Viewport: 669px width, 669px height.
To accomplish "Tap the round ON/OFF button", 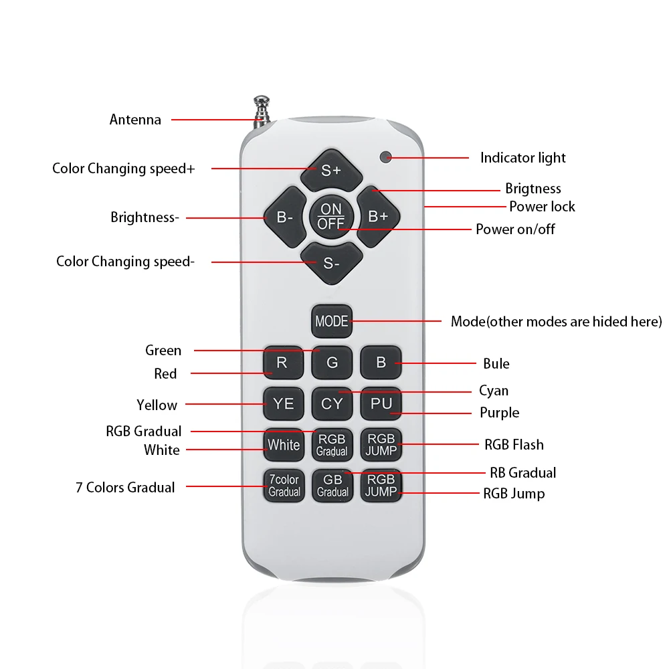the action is click(331, 216).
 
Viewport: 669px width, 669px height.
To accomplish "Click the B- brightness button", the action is click(284, 217).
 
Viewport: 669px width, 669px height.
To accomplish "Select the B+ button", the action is click(378, 216).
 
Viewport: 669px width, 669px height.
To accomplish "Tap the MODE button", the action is click(331, 321).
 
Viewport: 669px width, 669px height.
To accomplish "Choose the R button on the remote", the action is click(282, 363).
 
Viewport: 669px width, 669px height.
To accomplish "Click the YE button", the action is click(283, 403).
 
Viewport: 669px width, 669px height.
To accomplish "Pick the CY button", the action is click(332, 403).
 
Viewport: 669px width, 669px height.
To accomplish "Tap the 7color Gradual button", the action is click(284, 486).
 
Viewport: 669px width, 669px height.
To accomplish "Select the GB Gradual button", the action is click(332, 486).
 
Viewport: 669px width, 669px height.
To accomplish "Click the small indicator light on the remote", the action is click(385, 157).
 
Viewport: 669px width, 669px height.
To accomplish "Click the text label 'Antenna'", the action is click(135, 120).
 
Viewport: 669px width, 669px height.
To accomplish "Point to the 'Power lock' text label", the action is click(542, 206).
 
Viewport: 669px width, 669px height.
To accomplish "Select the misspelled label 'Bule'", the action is click(496, 363).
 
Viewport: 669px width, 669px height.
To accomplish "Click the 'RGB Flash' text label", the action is click(514, 444).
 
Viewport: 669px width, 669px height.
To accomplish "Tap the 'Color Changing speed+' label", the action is click(124, 169).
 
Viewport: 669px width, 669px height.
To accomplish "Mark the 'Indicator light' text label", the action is click(522, 158).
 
